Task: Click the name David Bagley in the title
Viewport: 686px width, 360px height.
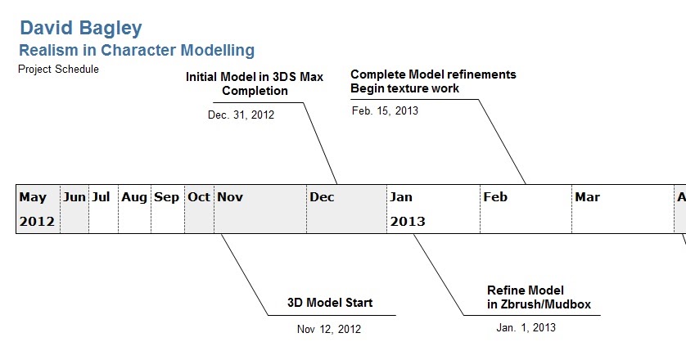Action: (81, 29)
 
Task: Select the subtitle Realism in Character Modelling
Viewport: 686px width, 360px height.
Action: (137, 50)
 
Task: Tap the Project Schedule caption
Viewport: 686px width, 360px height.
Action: (58, 69)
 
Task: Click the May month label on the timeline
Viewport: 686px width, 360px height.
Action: (33, 197)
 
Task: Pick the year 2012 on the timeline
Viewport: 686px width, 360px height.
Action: (37, 222)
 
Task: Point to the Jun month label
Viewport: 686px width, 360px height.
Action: (74, 197)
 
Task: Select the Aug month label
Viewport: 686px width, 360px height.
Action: (134, 198)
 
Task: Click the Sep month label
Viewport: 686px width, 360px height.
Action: (166, 198)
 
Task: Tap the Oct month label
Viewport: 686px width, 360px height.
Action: (199, 197)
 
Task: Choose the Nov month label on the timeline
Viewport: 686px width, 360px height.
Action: (230, 197)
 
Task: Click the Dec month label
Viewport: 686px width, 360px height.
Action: (322, 197)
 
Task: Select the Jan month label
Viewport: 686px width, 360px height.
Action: (401, 197)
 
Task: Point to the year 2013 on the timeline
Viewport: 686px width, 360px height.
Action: (408, 222)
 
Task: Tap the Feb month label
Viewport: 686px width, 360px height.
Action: (495, 197)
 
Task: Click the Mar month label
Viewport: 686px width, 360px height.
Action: (588, 197)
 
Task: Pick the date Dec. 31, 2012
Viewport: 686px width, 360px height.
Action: (241, 115)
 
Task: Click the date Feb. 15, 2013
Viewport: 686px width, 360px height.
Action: (385, 110)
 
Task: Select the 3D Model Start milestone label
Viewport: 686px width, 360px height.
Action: (330, 303)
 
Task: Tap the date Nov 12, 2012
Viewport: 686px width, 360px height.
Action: (329, 330)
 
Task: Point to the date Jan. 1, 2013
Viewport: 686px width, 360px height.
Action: (526, 327)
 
